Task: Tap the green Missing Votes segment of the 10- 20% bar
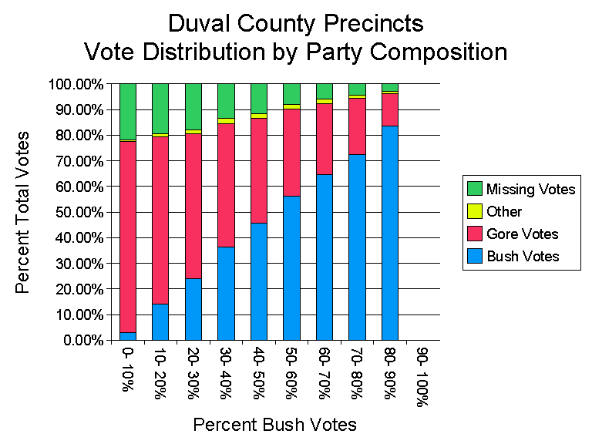[x=160, y=109]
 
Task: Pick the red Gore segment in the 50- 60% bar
[x=291, y=153]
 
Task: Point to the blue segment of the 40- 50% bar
[x=259, y=281]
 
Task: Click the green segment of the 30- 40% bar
[x=226, y=101]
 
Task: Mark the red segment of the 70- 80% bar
[x=357, y=126]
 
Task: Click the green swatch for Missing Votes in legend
[x=475, y=189]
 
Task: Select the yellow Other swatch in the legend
[x=475, y=211]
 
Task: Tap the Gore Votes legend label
[x=522, y=234]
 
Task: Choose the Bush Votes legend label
[x=523, y=256]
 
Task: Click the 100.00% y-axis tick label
[x=76, y=84]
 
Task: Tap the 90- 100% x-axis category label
[x=422, y=375]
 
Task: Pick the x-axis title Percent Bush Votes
[x=275, y=424]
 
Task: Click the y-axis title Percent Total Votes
[x=24, y=212]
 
